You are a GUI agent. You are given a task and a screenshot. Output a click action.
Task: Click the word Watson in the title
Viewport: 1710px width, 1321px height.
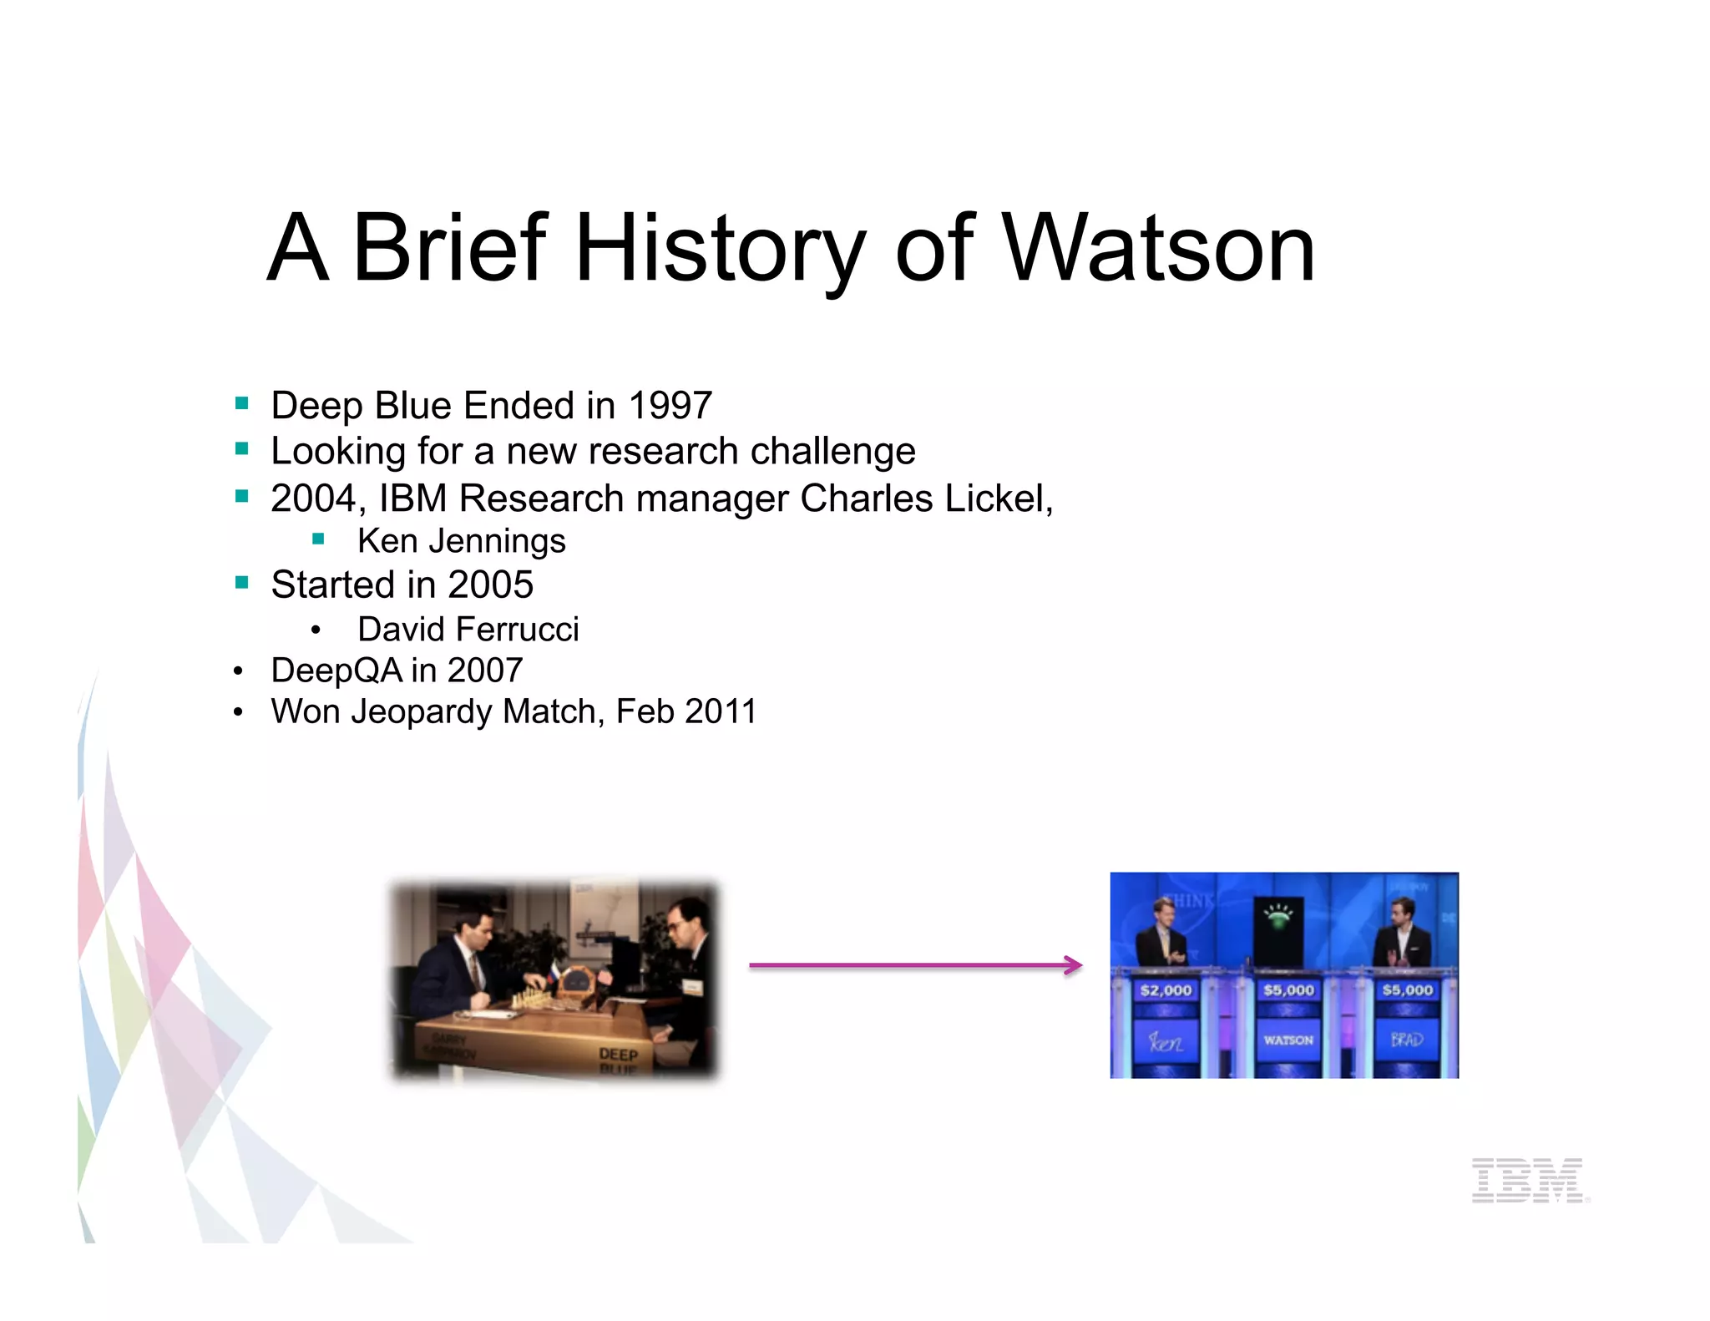[x=1158, y=249]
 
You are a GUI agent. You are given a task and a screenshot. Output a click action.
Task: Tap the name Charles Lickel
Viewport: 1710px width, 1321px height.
[x=924, y=499]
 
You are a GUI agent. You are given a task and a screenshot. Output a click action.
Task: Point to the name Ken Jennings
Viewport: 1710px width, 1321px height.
[x=462, y=541]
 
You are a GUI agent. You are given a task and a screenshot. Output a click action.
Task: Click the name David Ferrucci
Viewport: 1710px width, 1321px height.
[x=468, y=630]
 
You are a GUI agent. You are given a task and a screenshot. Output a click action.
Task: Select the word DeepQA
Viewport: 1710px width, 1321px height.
[x=336, y=671]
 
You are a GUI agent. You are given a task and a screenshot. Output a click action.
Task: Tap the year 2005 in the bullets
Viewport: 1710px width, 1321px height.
[x=490, y=585]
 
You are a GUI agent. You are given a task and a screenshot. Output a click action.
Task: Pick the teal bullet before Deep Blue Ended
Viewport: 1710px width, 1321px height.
[x=242, y=404]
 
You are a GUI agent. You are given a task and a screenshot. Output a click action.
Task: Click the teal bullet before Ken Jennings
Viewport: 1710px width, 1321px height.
[x=318, y=539]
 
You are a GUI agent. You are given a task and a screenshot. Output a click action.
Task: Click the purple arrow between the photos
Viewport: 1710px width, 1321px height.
[x=915, y=965]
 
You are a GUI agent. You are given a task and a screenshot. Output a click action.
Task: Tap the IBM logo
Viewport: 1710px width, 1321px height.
[x=1529, y=1180]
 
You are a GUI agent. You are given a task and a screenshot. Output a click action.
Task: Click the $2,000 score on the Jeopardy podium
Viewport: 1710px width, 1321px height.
[x=1166, y=990]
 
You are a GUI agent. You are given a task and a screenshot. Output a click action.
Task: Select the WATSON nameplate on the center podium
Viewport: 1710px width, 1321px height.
[x=1288, y=1040]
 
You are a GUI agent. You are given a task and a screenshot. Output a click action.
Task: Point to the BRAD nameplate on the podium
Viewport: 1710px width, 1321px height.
[x=1406, y=1040]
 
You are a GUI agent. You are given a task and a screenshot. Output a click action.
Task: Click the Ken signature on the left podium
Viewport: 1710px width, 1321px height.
[x=1165, y=1042]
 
